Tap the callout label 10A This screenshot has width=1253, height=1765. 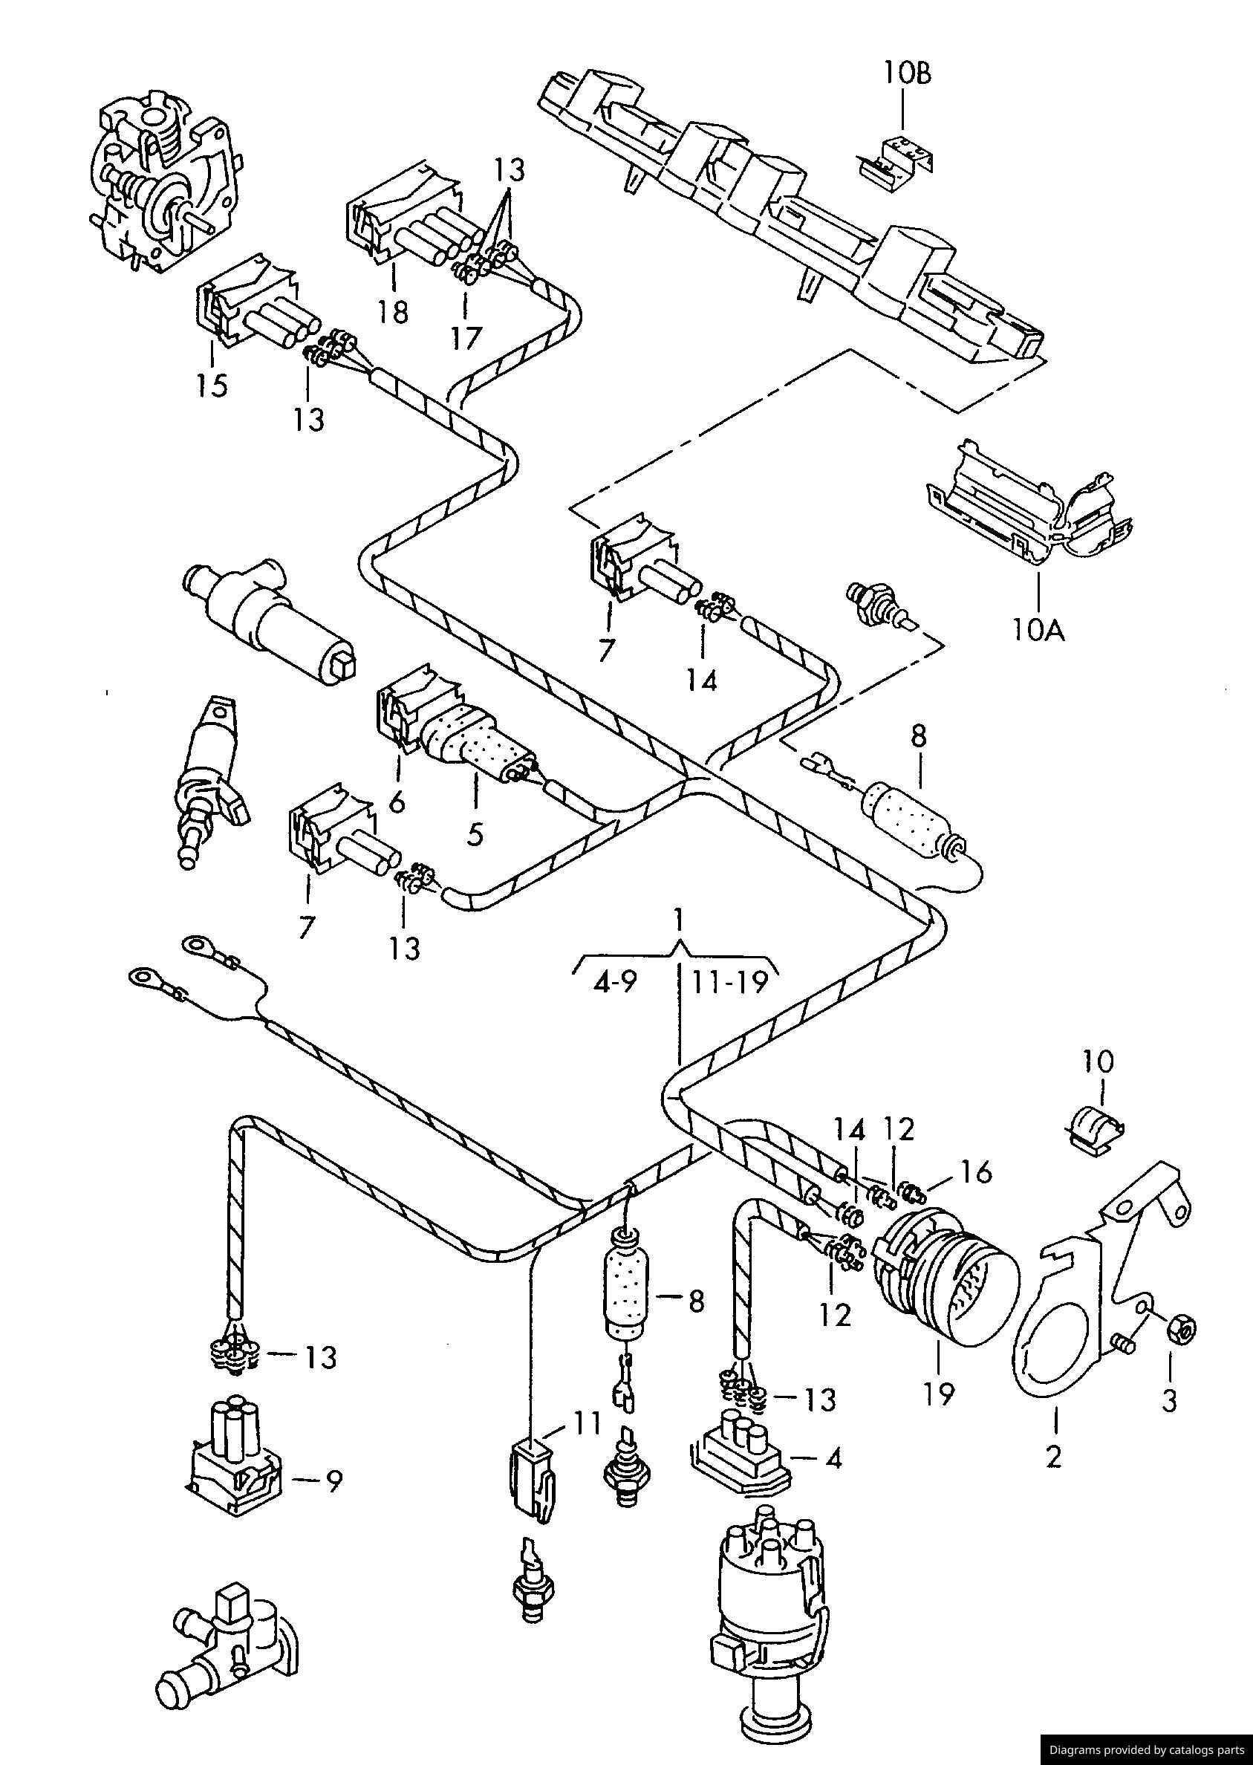pyautogui.click(x=1038, y=631)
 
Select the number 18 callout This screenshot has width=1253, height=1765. pyautogui.click(x=393, y=313)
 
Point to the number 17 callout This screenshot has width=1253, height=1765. pyautogui.click(x=466, y=337)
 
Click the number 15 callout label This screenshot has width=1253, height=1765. pyautogui.click(x=212, y=384)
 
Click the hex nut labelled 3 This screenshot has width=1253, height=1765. pyautogui.click(x=1181, y=1328)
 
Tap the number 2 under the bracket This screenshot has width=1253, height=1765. pyautogui.click(x=1053, y=1456)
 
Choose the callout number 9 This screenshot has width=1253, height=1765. pyautogui.click(x=333, y=1481)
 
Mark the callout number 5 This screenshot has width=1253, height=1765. pyautogui.click(x=475, y=834)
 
